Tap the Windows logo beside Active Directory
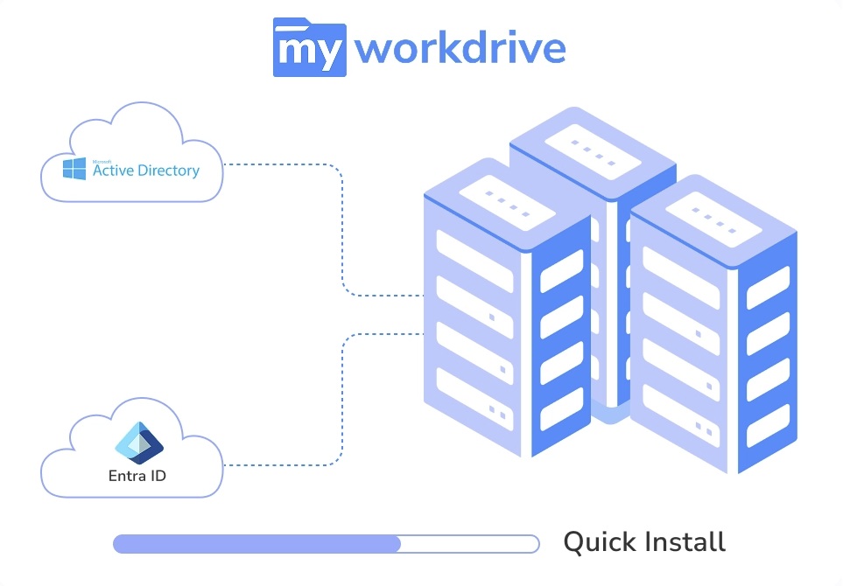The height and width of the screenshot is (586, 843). (74, 168)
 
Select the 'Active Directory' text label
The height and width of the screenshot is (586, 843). (146, 171)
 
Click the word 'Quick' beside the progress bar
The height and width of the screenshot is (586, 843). (598, 542)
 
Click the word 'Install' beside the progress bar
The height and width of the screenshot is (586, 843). (685, 541)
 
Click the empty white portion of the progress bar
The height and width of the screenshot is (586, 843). (468, 544)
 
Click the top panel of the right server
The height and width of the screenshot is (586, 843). (712, 217)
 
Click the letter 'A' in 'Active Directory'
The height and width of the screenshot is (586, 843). (99, 171)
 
